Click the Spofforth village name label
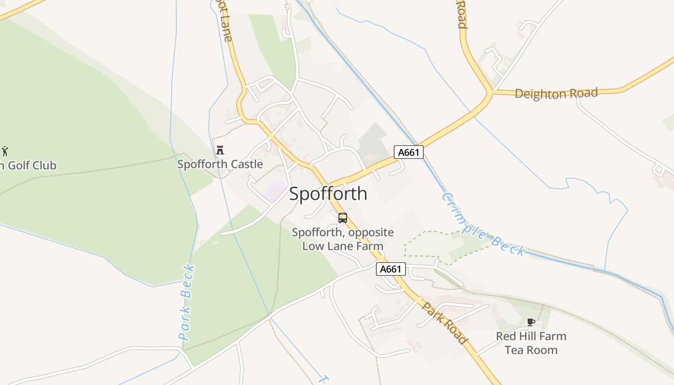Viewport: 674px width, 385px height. click(x=328, y=193)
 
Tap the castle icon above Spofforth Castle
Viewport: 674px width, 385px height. click(x=220, y=150)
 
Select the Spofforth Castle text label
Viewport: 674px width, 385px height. click(x=220, y=164)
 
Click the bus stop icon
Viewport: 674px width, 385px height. click(x=343, y=218)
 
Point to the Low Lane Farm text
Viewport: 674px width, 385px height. click(x=342, y=246)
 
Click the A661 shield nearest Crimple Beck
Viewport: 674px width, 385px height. click(x=409, y=153)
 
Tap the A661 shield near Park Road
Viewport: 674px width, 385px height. click(x=390, y=269)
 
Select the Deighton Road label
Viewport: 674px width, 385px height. click(x=556, y=93)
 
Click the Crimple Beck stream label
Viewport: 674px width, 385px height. click(x=483, y=224)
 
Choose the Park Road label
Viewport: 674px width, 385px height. click(x=445, y=323)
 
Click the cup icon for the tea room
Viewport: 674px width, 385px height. click(x=531, y=322)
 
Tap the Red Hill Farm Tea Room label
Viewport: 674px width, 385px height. click(x=531, y=343)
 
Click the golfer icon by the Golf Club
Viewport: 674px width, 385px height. click(x=5, y=151)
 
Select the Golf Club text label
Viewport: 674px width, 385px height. click(x=28, y=166)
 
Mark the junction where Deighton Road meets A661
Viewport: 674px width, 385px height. click(x=491, y=91)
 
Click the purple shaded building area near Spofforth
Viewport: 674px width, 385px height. click(x=273, y=191)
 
